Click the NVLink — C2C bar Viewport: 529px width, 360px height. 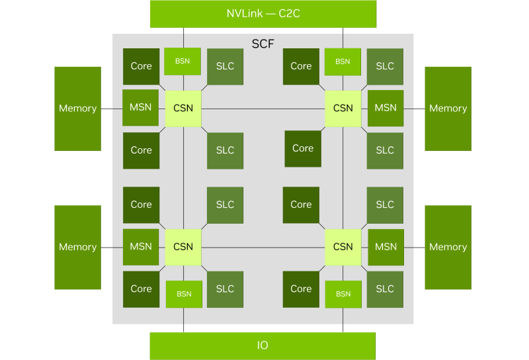pyautogui.click(x=263, y=14)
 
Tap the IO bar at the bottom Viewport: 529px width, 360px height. pyautogui.click(x=263, y=346)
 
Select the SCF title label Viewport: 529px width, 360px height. pyautogui.click(x=263, y=44)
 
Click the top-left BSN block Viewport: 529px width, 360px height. pyautogui.click(x=183, y=61)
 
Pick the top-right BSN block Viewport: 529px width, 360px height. pyautogui.click(x=343, y=62)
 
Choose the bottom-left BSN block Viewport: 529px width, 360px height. pyautogui.click(x=184, y=294)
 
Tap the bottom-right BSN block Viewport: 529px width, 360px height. pyautogui.click(x=343, y=294)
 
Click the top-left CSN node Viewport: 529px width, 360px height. pyautogui.click(x=183, y=109)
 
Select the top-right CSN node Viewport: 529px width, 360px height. pyautogui.click(x=343, y=109)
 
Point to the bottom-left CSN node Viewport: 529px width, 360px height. pyautogui.click(x=183, y=247)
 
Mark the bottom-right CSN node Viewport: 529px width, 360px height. pyautogui.click(x=343, y=247)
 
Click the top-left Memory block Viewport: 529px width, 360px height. pyautogui.click(x=77, y=109)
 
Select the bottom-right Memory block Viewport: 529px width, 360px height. pyautogui.click(x=448, y=247)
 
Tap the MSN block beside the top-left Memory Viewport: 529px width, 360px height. pyautogui.click(x=140, y=108)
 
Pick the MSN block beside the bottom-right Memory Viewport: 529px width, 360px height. pyautogui.click(x=386, y=247)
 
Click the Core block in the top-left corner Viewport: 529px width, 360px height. pyautogui.click(x=141, y=67)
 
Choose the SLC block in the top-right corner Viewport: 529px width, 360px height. pyautogui.click(x=385, y=67)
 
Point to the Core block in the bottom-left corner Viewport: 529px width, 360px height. pyautogui.click(x=141, y=289)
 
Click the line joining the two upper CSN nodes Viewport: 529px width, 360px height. pyautogui.click(x=263, y=109)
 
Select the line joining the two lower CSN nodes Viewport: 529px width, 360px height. pyautogui.click(x=263, y=247)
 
